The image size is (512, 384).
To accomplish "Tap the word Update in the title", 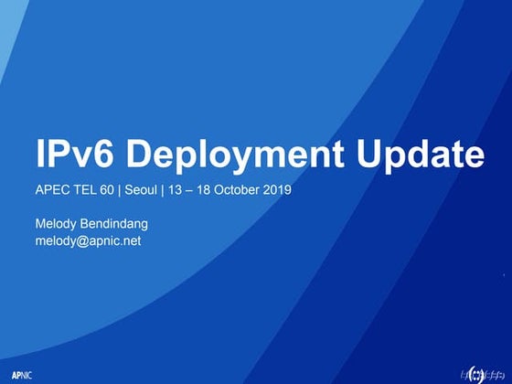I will [x=420, y=156].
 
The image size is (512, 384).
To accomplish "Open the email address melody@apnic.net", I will [x=87, y=241].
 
